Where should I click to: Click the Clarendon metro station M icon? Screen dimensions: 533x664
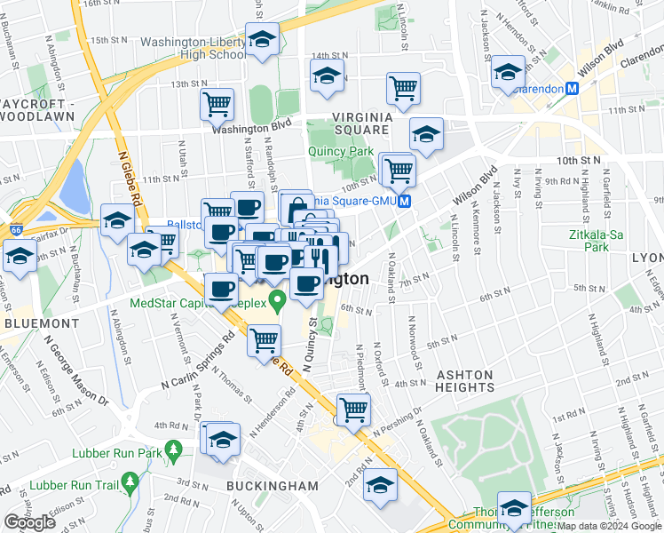coord(573,89)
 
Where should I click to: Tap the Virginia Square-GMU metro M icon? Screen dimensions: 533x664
coord(404,202)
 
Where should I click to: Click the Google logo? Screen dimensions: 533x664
coord(29,522)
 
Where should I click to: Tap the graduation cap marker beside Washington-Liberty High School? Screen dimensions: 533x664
coord(263,40)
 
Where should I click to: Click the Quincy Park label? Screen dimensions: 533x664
coord(341,151)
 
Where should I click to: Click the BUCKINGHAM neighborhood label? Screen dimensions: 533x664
coord(272,486)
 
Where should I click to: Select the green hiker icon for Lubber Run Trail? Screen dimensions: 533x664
coord(130,484)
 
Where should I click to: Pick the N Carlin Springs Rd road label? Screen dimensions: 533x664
coord(197,363)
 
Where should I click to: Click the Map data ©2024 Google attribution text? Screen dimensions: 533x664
coord(609,526)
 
